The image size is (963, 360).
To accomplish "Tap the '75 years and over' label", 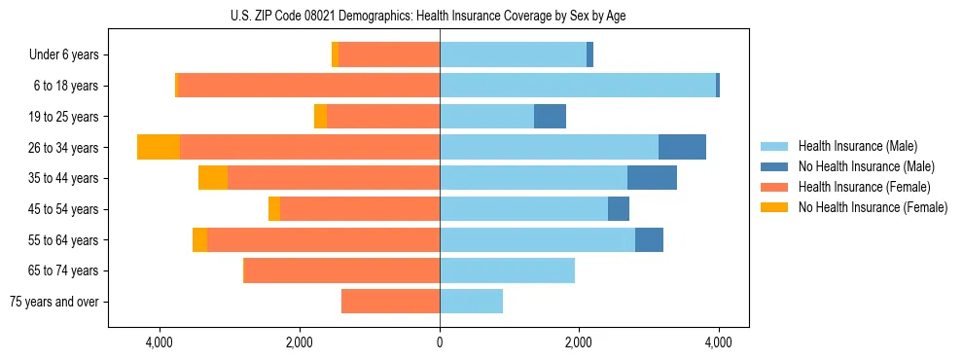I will coord(54,302).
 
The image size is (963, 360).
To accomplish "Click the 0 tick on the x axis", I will coord(440,342).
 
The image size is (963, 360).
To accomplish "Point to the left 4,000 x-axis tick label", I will coord(160,342).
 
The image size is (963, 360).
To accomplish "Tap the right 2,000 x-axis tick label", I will coord(579,342).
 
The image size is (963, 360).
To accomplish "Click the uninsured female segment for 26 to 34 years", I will coord(159,147).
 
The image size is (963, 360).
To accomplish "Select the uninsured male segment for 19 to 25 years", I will coord(550,117).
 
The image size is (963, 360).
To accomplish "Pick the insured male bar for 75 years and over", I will coord(471,302).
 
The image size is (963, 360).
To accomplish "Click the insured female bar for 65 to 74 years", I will coord(341,270).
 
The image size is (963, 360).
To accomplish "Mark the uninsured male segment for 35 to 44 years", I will coord(652,178).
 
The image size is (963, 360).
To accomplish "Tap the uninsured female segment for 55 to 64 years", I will coord(199,239).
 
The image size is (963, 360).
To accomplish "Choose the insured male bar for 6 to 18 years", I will coord(578,86).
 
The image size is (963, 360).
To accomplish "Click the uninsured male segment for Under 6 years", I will coord(589,55).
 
